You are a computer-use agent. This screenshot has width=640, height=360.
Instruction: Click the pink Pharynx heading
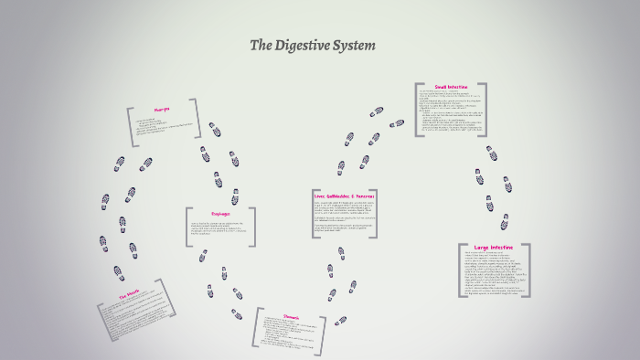click(163, 109)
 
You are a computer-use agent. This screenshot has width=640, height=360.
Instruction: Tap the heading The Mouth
click(129, 296)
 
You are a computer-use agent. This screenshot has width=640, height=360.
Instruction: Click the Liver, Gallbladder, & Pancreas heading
click(345, 196)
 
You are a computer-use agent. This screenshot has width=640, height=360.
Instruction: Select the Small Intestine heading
click(451, 86)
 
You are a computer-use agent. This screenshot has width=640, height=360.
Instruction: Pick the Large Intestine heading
click(493, 248)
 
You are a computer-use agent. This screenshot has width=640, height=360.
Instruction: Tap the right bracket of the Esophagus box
click(252, 228)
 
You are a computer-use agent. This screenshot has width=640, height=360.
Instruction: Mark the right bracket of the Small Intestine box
click(483, 109)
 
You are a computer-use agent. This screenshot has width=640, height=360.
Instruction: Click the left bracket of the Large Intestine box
click(460, 270)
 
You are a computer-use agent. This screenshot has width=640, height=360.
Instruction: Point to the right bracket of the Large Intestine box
click(527, 270)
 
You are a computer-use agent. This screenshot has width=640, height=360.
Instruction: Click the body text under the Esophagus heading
click(220, 232)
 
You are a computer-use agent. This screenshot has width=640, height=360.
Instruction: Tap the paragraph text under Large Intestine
click(493, 274)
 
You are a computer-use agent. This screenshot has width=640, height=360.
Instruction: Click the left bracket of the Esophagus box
click(187, 228)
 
